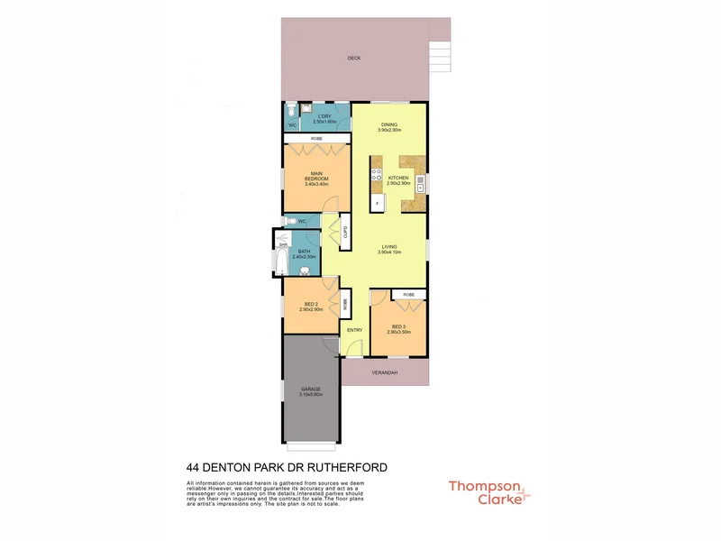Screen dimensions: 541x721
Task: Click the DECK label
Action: (x=354, y=59)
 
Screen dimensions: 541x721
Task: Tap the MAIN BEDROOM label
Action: (x=316, y=177)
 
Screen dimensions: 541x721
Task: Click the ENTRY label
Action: (x=354, y=330)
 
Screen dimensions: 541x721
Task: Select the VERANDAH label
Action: (x=384, y=371)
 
